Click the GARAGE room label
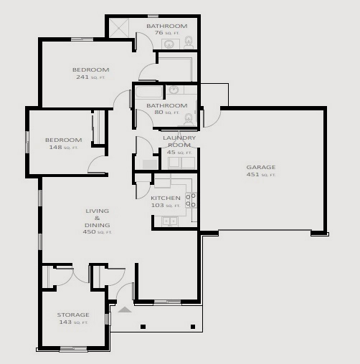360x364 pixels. pos(261,167)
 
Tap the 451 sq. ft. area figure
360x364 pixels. pos(261,175)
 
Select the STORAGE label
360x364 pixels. pos(73,315)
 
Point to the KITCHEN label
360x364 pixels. pos(166,198)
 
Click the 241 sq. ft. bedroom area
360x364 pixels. pos(90,77)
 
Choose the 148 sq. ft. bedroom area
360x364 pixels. pos(64,148)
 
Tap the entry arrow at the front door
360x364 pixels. pos(125,310)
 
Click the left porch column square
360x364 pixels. pos(143,327)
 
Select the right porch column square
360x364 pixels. pos(193,327)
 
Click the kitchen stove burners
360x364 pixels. pos(191,201)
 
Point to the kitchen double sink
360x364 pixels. pos(170,221)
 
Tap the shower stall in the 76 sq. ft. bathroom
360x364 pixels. pos(119,28)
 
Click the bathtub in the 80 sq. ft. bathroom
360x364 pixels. pos(148,92)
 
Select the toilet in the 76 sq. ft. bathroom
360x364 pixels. pos(189,42)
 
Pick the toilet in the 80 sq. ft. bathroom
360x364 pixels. pos(189,120)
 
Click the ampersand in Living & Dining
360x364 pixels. pos(97,218)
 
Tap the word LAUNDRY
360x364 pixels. pos(179,138)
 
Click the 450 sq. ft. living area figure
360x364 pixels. pos(97,232)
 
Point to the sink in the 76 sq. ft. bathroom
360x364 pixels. pos(171,44)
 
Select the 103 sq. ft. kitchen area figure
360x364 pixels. pos(166,206)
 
